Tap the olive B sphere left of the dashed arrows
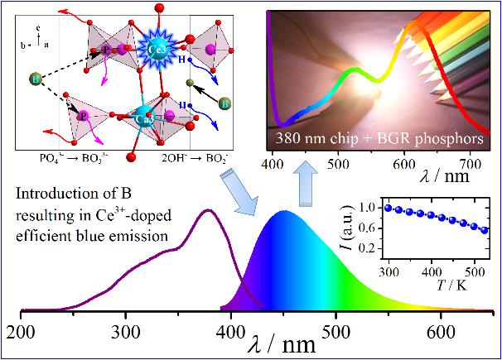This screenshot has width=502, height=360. (36, 79)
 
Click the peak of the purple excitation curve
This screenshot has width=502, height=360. (209, 211)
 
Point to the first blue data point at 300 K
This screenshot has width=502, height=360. (389, 207)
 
